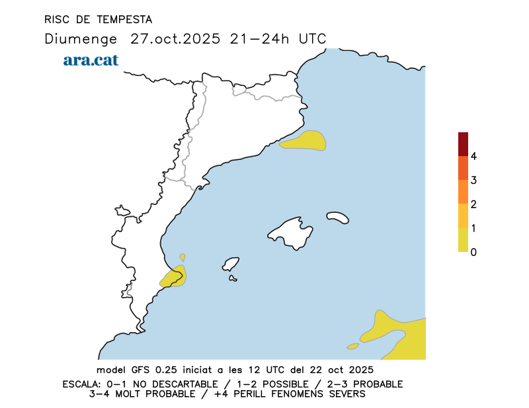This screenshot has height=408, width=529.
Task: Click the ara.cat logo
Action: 91,60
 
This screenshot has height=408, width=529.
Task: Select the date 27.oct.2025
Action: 175,38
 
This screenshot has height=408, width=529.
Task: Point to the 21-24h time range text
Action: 261,38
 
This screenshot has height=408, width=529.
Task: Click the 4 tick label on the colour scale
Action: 473,157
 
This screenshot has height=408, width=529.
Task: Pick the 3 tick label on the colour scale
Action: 473,181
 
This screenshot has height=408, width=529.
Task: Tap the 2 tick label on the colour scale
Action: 473,204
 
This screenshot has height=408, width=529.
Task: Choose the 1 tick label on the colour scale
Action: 473,228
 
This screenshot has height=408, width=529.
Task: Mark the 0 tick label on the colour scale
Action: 473,252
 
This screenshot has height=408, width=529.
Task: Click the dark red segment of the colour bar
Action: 463,143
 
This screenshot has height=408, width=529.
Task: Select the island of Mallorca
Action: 291,232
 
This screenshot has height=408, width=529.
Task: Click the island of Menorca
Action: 338,217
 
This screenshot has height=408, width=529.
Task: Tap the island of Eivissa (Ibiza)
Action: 231,265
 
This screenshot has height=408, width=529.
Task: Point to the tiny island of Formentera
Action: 233,278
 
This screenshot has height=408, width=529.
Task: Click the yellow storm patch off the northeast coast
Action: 305,142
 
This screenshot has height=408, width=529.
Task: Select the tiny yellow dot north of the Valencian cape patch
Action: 183,257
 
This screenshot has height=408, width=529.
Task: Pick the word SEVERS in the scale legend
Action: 346,394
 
